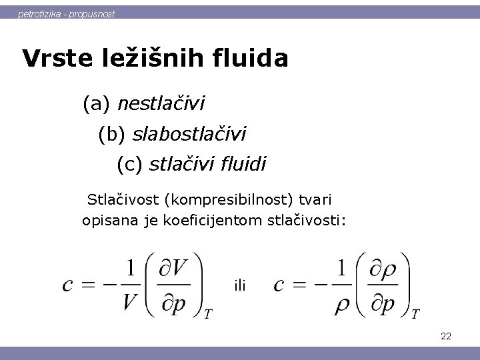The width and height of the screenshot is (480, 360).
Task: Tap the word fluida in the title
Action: tap(253, 59)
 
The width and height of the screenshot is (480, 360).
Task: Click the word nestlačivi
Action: tap(161, 104)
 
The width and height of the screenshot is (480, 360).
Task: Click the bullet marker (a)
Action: tap(97, 104)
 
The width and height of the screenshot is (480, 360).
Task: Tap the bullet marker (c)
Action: tap(129, 163)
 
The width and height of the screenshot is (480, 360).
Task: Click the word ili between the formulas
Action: tap(241, 286)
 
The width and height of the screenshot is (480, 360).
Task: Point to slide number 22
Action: tap(446, 337)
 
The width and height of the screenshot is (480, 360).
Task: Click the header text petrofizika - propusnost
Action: tap(66, 13)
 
